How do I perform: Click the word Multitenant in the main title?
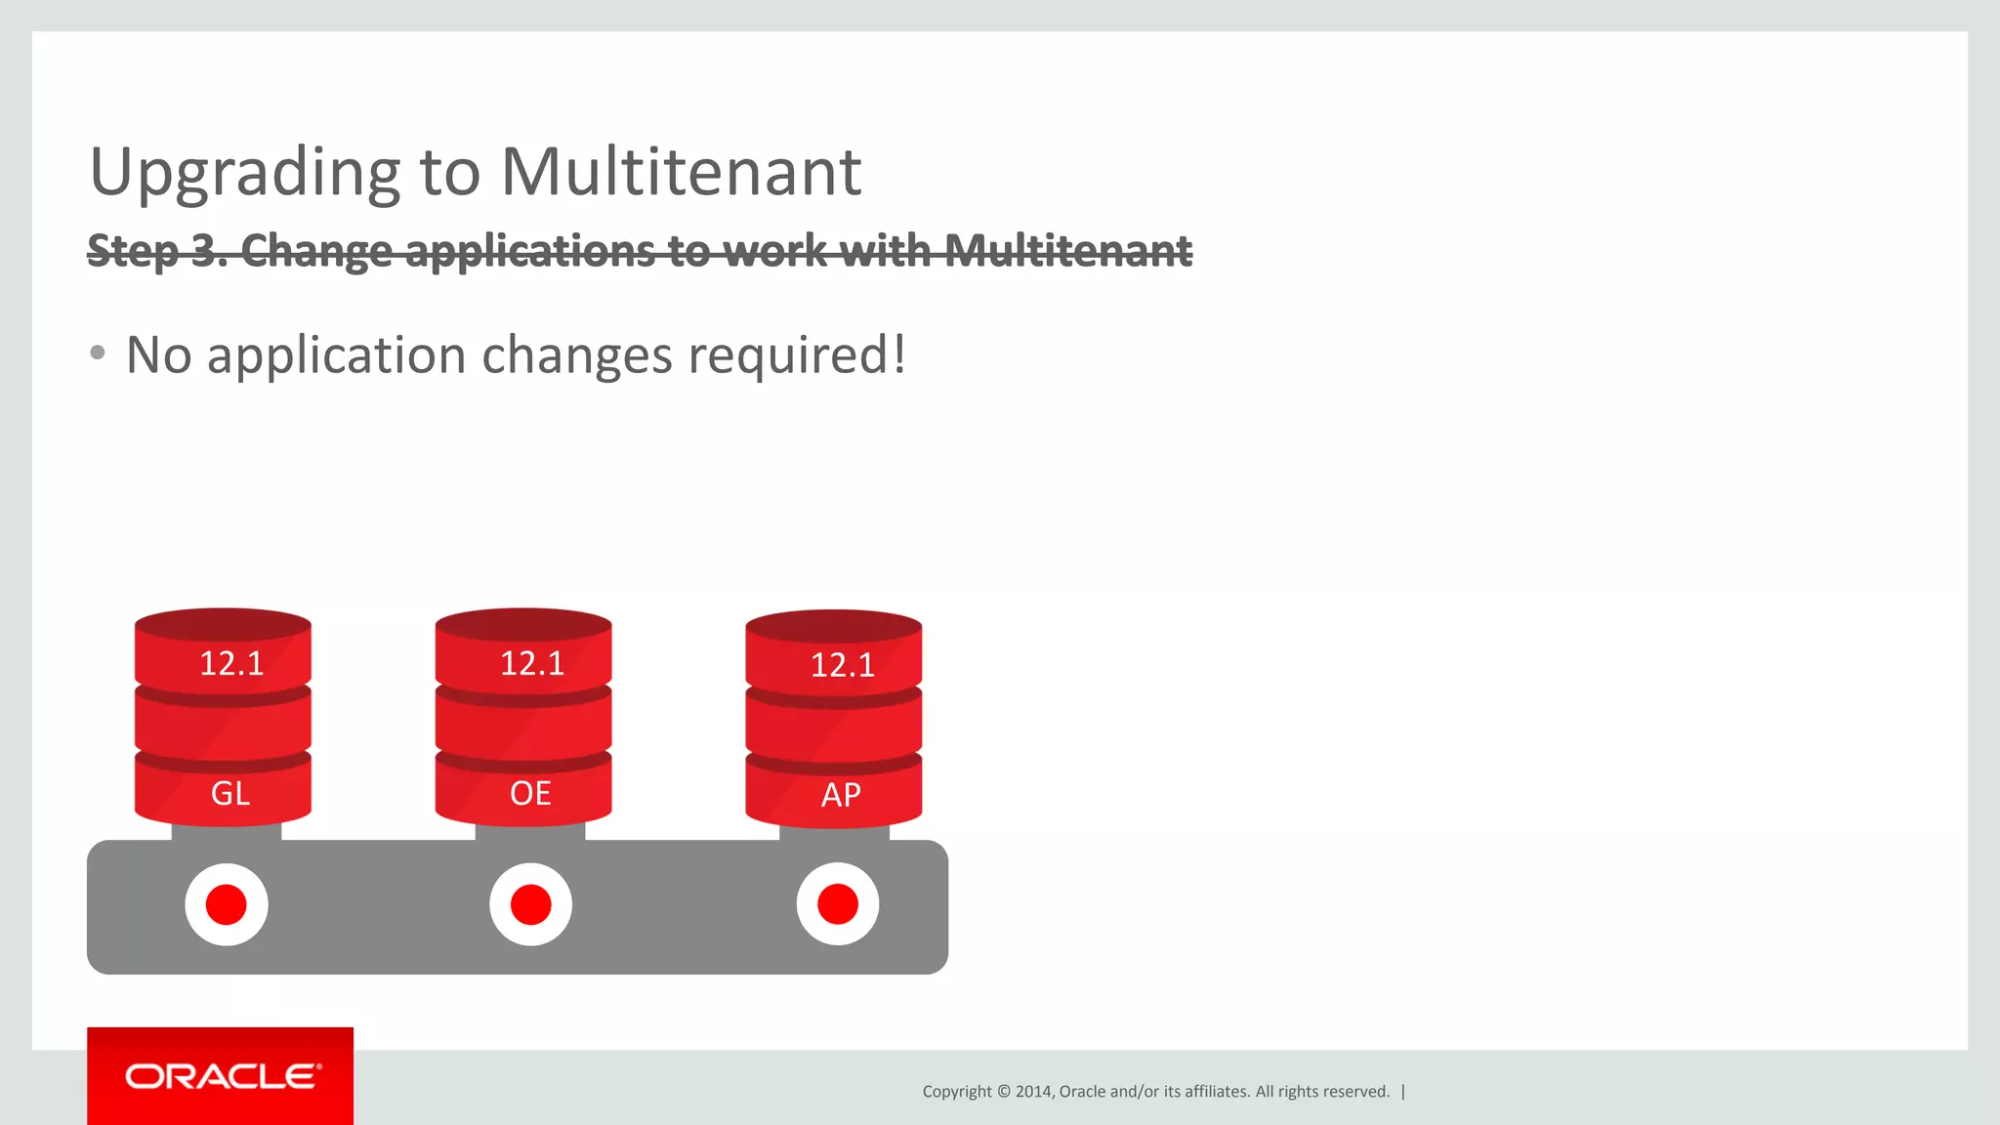pos(681,172)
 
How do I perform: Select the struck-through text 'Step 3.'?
pos(156,251)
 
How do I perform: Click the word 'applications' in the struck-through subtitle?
pos(530,251)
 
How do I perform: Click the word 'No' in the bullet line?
pos(158,354)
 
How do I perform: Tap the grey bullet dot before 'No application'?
pos(97,353)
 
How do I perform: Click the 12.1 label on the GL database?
pos(231,664)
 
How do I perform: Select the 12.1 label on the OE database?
pos(532,664)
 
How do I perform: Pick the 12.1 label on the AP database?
pos(842,666)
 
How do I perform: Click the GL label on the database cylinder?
pos(230,793)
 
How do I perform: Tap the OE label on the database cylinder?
pos(530,793)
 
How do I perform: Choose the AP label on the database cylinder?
pos(841,795)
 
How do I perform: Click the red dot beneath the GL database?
pos(227,904)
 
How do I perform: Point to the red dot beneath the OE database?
pos(531,904)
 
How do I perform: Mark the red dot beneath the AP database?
pos(838,904)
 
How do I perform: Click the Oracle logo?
pos(221,1076)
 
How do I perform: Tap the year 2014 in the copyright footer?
pos(1033,1092)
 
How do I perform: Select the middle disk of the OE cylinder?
pos(523,724)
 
